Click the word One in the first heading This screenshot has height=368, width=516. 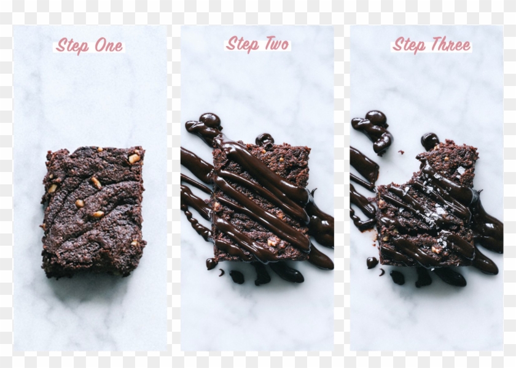pyautogui.click(x=109, y=46)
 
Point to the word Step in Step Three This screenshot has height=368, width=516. pyautogui.click(x=409, y=45)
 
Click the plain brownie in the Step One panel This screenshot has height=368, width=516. pyautogui.click(x=93, y=210)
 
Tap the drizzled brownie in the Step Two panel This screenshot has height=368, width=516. pyautogui.click(x=261, y=200)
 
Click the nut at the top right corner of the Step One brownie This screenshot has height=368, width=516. pyautogui.click(x=134, y=159)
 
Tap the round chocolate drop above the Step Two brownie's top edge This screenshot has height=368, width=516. pyautogui.click(x=265, y=139)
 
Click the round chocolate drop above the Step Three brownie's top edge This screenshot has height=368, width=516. pyautogui.click(x=430, y=140)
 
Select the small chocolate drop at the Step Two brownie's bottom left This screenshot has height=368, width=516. pyautogui.click(x=211, y=264)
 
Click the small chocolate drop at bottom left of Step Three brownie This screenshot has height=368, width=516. pyautogui.click(x=372, y=262)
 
